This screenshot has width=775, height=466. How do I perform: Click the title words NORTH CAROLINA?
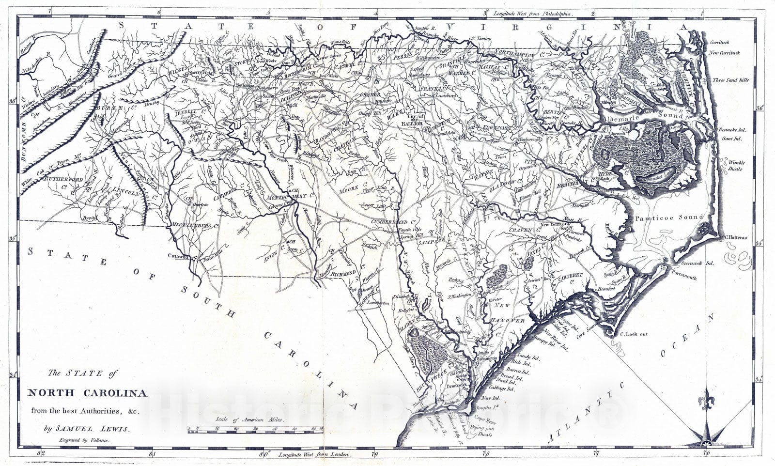coord(88,393)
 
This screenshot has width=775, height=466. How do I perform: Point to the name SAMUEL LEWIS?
coord(92,429)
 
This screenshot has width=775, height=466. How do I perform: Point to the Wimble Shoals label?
coord(736,166)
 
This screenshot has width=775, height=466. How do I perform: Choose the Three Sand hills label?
coord(731,80)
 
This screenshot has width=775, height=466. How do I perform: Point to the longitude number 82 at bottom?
coord(43,454)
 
